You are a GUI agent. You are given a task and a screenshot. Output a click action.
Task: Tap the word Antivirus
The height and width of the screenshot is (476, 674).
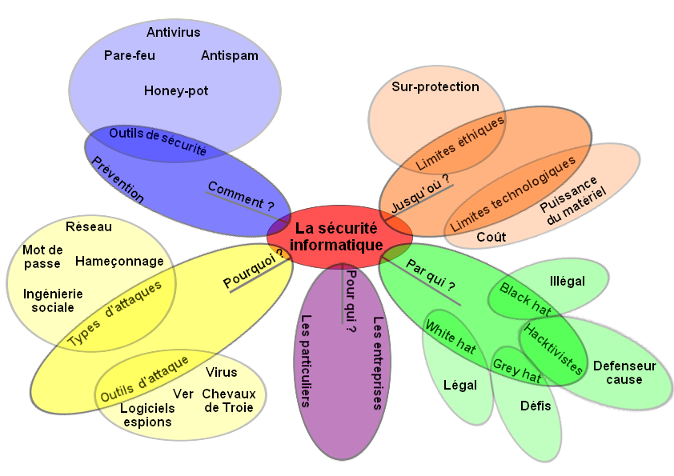(174, 33)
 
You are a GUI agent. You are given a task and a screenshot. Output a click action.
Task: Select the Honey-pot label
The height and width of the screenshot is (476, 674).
(176, 91)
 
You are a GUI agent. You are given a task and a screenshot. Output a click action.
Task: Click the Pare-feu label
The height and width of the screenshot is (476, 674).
(130, 56)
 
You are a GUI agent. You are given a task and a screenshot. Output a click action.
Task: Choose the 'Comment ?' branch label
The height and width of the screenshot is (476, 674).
(240, 194)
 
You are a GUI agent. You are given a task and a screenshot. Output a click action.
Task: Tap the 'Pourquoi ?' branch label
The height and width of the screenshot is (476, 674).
(255, 270)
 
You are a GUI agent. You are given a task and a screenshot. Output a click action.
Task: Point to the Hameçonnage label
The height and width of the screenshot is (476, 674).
(119, 262)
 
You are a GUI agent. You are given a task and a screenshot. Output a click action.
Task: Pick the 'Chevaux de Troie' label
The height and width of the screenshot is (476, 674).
(229, 401)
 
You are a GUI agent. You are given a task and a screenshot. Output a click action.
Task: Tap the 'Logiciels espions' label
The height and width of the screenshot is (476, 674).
(147, 415)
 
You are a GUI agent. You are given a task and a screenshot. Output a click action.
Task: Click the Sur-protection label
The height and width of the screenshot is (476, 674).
(435, 87)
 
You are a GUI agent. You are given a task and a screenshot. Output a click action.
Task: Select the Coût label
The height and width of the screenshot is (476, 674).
(491, 238)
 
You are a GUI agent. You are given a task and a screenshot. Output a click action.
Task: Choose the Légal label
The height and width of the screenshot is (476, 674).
(460, 386)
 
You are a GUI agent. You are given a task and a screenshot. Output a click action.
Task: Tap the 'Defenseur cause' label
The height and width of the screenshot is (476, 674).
(624, 373)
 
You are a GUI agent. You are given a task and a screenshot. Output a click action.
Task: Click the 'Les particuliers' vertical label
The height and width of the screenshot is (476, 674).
(306, 360)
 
